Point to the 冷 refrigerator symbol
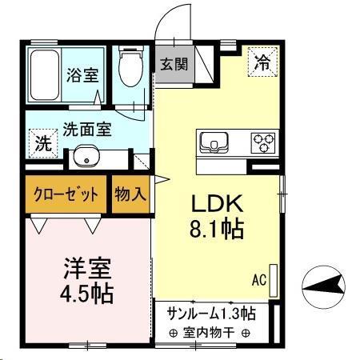(x=262, y=60)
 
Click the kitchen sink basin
(x=214, y=143)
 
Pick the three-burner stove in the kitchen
(x=263, y=142)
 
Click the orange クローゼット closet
(x=67, y=194)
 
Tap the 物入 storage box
(x=130, y=194)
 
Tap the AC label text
(x=258, y=280)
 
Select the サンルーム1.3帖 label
(x=211, y=312)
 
